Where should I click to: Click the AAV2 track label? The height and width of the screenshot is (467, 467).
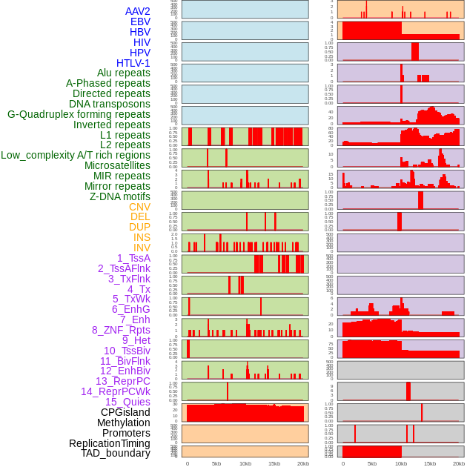pyautogui.click(x=137, y=11)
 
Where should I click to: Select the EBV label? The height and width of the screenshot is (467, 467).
pyautogui.click(x=140, y=21)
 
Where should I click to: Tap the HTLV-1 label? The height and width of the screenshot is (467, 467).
pyautogui.click(x=133, y=63)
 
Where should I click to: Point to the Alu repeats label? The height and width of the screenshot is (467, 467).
pyautogui.click(x=124, y=73)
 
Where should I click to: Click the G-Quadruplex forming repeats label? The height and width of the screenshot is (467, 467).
pyautogui.click(x=79, y=114)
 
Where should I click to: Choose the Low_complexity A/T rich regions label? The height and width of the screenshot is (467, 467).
pyautogui.click(x=76, y=155)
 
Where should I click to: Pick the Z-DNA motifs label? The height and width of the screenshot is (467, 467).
pyautogui.click(x=120, y=196)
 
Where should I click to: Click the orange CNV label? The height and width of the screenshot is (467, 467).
pyautogui.click(x=139, y=207)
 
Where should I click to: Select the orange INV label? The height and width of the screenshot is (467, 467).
pyautogui.click(x=142, y=248)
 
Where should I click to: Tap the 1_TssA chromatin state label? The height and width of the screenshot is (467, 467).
pyautogui.click(x=133, y=258)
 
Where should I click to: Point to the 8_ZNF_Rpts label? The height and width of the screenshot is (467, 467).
pyautogui.click(x=121, y=330)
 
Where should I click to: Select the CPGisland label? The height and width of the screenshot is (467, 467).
pyautogui.click(x=125, y=412)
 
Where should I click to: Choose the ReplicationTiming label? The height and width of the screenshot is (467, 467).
pyautogui.click(x=109, y=443)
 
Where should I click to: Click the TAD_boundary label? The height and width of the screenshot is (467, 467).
pyautogui.click(x=116, y=453)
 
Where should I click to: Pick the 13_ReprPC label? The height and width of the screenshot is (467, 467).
pyautogui.click(x=122, y=381)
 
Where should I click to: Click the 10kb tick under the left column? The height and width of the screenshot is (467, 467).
pyautogui.click(x=245, y=463)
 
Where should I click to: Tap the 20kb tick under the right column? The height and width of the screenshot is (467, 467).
pyautogui.click(x=459, y=463)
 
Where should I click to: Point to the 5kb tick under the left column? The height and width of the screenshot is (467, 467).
pyautogui.click(x=216, y=463)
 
